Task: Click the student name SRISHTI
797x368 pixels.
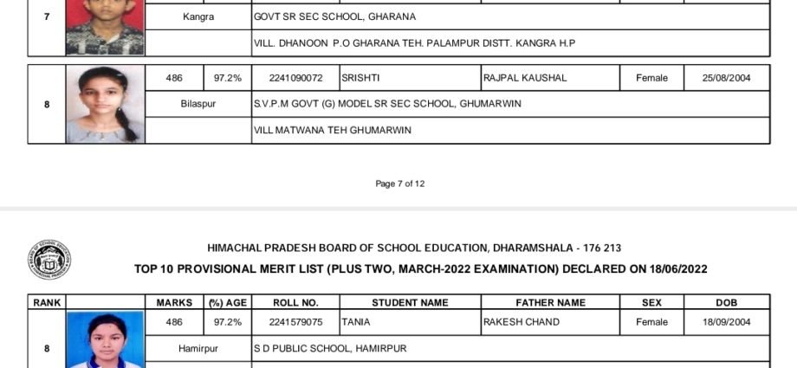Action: pyautogui.click(x=360, y=78)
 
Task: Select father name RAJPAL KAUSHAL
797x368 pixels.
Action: pyautogui.click(x=525, y=78)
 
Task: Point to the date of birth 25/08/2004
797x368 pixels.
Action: pyautogui.click(x=727, y=78)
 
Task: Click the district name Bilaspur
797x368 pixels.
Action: pyautogui.click(x=198, y=104)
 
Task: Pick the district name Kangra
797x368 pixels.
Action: pyautogui.click(x=198, y=16)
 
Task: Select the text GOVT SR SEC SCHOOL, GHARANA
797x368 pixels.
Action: pyautogui.click(x=334, y=16)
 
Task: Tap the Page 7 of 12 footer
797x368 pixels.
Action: pyautogui.click(x=399, y=184)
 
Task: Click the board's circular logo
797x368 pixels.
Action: pyautogui.click(x=49, y=261)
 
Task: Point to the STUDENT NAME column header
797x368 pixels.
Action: pyautogui.click(x=410, y=302)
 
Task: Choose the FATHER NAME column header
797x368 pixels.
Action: pyautogui.click(x=550, y=302)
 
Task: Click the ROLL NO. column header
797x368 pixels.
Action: pyautogui.click(x=296, y=302)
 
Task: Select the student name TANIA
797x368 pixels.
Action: pyautogui.click(x=355, y=322)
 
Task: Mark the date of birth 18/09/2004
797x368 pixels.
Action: pyautogui.click(x=727, y=322)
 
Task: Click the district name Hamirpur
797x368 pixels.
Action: pyautogui.click(x=198, y=348)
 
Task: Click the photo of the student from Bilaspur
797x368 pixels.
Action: pyautogui.click(x=105, y=104)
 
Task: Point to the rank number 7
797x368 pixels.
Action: pyautogui.click(x=47, y=17)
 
